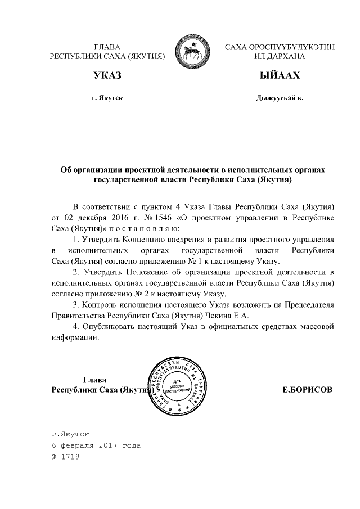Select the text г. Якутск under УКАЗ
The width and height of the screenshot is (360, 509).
107,98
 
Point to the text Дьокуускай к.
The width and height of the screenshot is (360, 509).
280,98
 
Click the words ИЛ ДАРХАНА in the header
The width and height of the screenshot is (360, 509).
280,57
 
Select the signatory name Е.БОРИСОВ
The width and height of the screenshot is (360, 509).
308,389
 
